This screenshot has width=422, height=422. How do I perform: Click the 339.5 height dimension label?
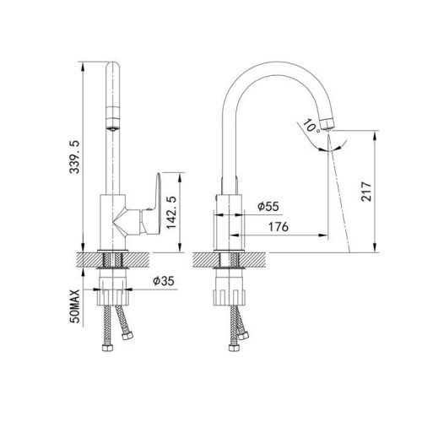(75, 157)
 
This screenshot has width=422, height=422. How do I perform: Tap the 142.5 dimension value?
(171, 213)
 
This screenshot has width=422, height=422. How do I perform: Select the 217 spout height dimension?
(366, 192)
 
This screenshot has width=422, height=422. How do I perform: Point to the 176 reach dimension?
(279, 227)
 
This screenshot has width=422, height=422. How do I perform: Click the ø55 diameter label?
(268, 207)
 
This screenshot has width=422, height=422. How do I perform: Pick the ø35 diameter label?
(164, 281)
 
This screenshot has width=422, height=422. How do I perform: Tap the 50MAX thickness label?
(75, 306)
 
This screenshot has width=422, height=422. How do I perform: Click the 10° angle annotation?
(311, 126)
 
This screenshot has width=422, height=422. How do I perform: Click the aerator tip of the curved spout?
(328, 124)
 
